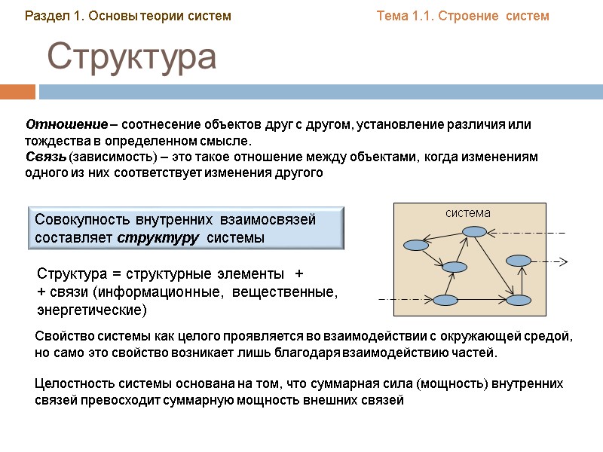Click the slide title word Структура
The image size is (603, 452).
point(133,59)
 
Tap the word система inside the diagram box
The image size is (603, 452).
point(467,213)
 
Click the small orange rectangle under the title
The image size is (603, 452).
point(17,92)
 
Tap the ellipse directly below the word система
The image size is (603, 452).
point(475,232)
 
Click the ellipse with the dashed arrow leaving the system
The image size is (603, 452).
point(519,261)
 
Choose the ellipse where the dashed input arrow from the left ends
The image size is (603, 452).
point(445,301)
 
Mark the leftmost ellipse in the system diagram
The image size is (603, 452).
point(415,245)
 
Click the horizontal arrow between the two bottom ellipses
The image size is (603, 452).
point(482,301)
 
